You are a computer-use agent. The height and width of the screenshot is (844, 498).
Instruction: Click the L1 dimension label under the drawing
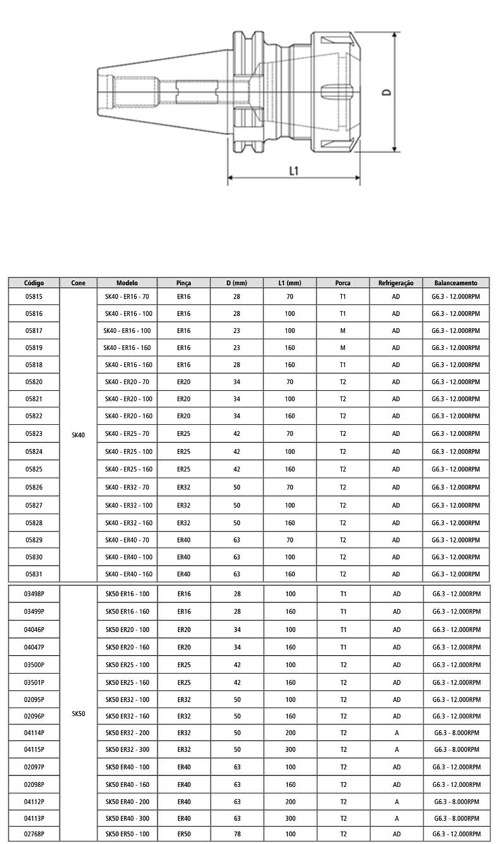pyautogui.click(x=293, y=171)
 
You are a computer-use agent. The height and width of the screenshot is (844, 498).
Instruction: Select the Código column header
pyautogui.click(x=33, y=283)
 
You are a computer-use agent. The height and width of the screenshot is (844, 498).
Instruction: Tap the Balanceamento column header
pyautogui.click(x=456, y=283)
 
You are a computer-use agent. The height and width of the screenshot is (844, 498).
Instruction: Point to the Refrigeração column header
pyautogui.click(x=396, y=283)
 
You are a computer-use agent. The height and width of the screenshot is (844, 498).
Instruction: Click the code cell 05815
pyautogui.click(x=33, y=296)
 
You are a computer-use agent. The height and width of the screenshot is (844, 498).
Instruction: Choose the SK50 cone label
pyautogui.click(x=78, y=713)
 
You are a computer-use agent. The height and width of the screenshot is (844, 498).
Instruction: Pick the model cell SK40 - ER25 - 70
pyautogui.click(x=127, y=434)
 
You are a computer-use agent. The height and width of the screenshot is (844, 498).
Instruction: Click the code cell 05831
pyautogui.click(x=33, y=574)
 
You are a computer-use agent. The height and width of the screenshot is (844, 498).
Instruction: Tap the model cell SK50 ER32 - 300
pyautogui.click(x=127, y=749)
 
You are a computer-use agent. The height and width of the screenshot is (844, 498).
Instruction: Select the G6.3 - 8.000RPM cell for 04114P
pyautogui.click(x=456, y=732)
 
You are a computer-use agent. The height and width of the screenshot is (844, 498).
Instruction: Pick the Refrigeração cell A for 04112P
pyautogui.click(x=396, y=801)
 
